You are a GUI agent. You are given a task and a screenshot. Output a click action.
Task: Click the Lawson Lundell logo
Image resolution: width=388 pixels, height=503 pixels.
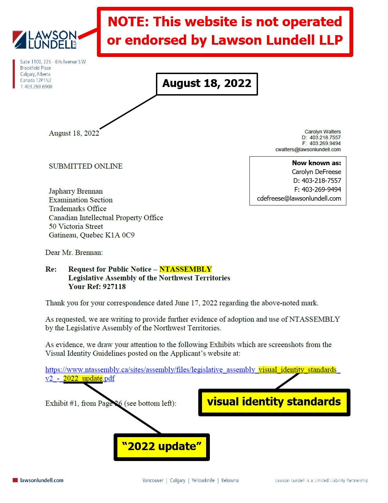(x=44, y=40)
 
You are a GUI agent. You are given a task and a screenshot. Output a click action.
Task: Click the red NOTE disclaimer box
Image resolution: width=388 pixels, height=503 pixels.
(x=225, y=31)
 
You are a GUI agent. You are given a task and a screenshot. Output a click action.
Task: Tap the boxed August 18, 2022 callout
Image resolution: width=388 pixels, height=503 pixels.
(x=207, y=84)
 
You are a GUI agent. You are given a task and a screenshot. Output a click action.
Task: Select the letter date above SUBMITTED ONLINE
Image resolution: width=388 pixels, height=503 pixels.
(x=74, y=133)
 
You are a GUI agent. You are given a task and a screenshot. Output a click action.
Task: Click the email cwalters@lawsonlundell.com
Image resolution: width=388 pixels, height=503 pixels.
(x=308, y=149)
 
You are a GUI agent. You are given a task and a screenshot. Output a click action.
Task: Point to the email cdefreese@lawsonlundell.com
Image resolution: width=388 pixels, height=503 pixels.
(x=299, y=199)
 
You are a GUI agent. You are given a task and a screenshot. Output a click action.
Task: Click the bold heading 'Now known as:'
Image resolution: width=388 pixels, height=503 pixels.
(x=316, y=163)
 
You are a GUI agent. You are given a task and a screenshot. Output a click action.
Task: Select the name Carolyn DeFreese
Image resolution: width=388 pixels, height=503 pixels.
(x=316, y=172)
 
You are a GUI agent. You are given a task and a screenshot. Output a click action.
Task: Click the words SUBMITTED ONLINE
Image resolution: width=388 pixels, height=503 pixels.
(x=86, y=166)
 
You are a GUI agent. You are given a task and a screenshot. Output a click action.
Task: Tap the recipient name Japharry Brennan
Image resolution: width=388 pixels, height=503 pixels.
(x=76, y=191)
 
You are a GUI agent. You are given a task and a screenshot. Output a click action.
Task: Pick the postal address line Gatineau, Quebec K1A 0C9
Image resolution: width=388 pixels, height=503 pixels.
(x=91, y=235)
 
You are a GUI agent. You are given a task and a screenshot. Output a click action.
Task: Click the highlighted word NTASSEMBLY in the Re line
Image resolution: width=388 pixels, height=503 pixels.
(x=186, y=269)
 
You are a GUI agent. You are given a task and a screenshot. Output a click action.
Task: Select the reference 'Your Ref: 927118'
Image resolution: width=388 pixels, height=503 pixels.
(x=97, y=287)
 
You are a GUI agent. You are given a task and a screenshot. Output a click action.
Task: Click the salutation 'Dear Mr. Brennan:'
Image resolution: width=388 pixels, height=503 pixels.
(x=74, y=253)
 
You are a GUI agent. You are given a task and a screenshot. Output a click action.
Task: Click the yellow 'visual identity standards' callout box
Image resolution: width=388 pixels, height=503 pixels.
(x=274, y=402)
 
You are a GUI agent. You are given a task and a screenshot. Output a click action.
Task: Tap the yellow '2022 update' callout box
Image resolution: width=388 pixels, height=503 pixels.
(x=161, y=447)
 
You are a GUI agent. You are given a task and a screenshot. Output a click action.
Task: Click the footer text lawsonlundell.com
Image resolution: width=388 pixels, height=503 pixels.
(x=42, y=480)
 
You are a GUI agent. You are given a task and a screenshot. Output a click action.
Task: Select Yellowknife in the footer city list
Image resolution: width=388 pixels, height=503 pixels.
(x=203, y=480)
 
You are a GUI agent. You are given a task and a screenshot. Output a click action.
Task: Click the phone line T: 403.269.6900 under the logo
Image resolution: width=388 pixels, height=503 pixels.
(x=36, y=87)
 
